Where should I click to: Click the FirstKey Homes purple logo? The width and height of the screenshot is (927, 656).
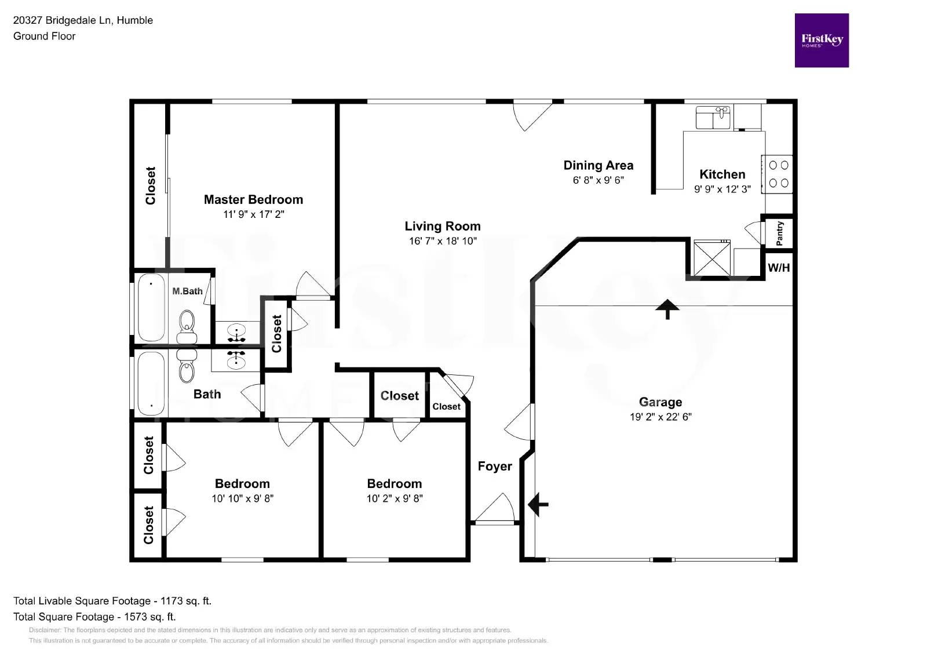(x=821, y=41)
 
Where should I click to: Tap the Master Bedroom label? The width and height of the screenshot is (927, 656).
(x=253, y=199)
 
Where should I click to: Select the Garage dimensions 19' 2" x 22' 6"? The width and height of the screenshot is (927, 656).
(x=660, y=417)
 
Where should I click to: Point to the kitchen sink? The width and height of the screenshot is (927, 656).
(x=713, y=118)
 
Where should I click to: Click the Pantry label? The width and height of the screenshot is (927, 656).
(x=779, y=233)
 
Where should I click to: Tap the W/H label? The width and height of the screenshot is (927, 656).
(x=778, y=268)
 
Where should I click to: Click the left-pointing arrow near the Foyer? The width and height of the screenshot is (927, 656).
(x=538, y=504)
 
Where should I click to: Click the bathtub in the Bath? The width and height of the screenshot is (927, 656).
(x=151, y=382)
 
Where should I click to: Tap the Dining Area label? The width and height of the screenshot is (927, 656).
(x=598, y=165)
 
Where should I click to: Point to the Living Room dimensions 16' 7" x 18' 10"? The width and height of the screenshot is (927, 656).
(x=443, y=241)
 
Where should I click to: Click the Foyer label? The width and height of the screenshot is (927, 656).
(x=494, y=467)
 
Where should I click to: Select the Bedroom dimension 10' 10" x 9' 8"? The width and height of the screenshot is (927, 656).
(x=242, y=498)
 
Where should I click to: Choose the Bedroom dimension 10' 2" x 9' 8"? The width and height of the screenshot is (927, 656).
(x=395, y=498)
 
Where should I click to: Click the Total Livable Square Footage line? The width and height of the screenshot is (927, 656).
(x=112, y=601)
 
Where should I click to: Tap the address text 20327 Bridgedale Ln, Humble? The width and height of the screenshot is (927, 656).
(x=83, y=20)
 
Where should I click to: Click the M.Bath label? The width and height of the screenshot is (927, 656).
(x=187, y=291)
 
